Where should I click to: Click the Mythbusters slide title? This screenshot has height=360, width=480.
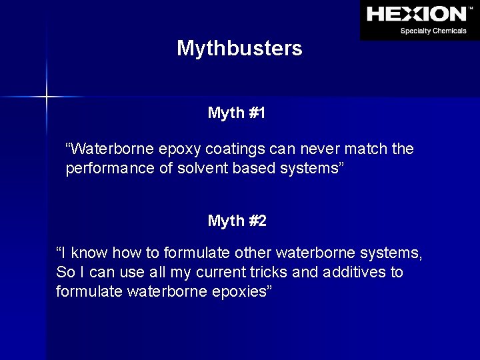[x=239, y=49]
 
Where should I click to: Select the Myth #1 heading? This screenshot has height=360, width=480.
[x=237, y=113]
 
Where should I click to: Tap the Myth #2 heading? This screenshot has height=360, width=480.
[x=237, y=221]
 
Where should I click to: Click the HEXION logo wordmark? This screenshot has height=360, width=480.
[x=417, y=14]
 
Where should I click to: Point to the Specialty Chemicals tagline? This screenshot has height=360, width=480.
[x=433, y=31]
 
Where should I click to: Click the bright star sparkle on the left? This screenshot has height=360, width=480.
[x=46, y=97]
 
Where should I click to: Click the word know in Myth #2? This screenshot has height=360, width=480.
[x=91, y=253]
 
